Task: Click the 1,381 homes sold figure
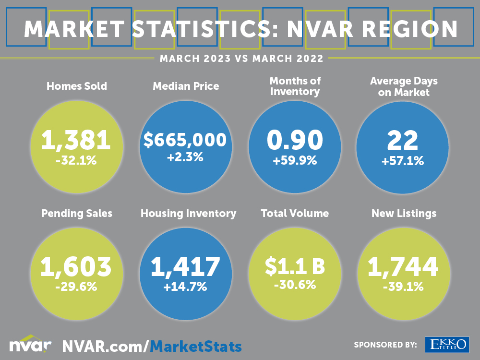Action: pyautogui.click(x=76, y=140)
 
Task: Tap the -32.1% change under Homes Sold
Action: pyautogui.click(x=76, y=160)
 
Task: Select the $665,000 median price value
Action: pyautogui.click(x=185, y=140)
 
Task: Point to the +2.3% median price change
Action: pyautogui.click(x=185, y=157)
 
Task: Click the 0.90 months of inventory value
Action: pyautogui.click(x=295, y=140)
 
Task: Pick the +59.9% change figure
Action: pyautogui.click(x=295, y=161)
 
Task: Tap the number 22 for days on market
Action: pyautogui.click(x=403, y=140)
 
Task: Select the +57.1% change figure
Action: pyautogui.click(x=403, y=161)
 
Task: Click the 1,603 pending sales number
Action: pyautogui.click(x=76, y=267)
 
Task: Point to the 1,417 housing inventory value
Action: pyautogui.click(x=185, y=267)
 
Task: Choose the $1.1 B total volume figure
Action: pyautogui.click(x=295, y=267)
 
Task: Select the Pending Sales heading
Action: pyautogui.click(x=77, y=213)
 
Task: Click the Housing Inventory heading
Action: pyautogui.click(x=188, y=213)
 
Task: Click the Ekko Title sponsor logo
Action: pyautogui.click(x=446, y=344)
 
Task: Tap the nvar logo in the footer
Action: pyautogui.click(x=30, y=344)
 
